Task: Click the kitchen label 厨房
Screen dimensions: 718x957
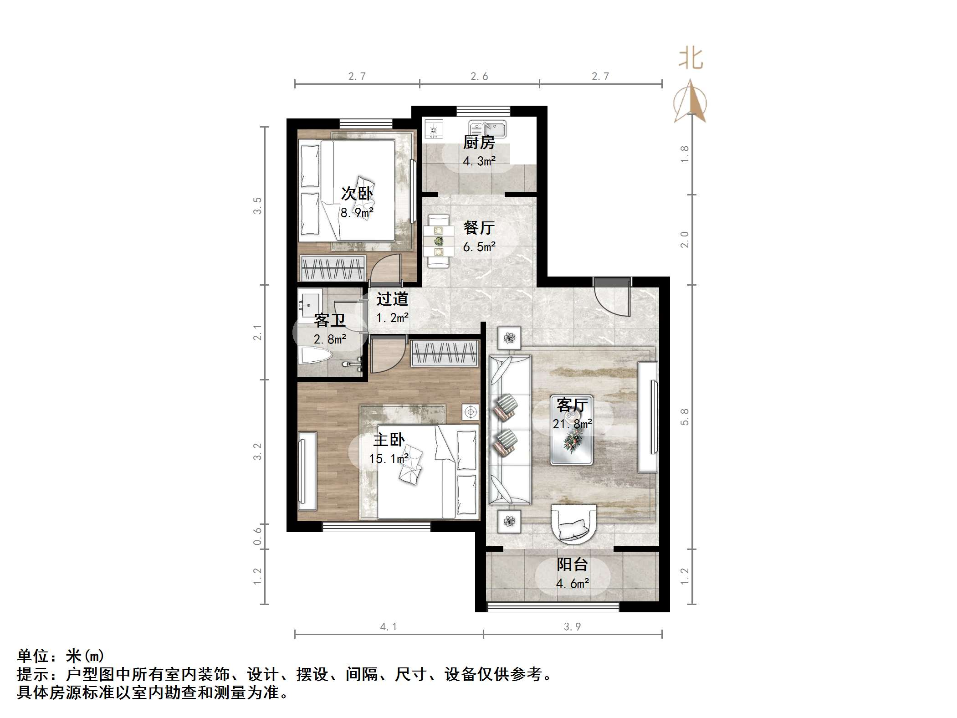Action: pyautogui.click(x=479, y=143)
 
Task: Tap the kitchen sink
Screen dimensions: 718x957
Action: pyautogui.click(x=487, y=129)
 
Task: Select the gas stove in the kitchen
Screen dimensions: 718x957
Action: pyautogui.click(x=434, y=129)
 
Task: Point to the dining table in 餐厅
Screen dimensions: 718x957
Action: pyautogui.click(x=438, y=241)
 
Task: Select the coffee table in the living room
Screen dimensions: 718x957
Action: pyautogui.click(x=572, y=430)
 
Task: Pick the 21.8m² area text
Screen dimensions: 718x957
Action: pyautogui.click(x=573, y=424)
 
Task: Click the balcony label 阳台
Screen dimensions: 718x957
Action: pyautogui.click(x=573, y=565)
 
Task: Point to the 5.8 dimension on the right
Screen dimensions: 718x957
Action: pyautogui.click(x=685, y=416)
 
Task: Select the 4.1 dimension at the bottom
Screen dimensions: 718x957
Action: pyautogui.click(x=388, y=627)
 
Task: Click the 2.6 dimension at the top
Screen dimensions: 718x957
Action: pyautogui.click(x=479, y=77)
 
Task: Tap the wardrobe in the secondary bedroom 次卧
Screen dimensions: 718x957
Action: pyautogui.click(x=333, y=268)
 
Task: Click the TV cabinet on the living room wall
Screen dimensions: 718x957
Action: pyautogui.click(x=647, y=417)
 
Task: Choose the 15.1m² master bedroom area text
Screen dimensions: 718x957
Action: pyautogui.click(x=389, y=458)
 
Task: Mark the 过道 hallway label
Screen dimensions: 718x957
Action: pyautogui.click(x=392, y=299)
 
